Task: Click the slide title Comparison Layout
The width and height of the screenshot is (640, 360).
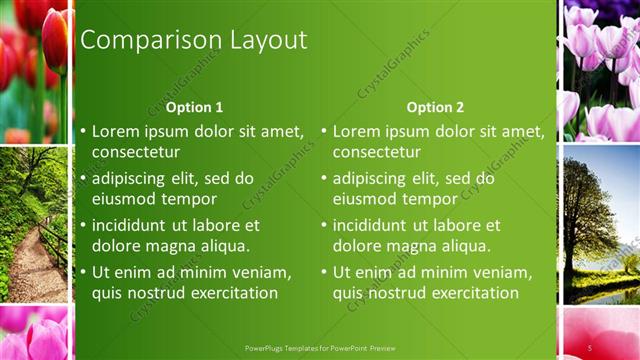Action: coord(193,40)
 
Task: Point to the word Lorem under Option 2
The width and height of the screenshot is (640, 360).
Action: coord(357,131)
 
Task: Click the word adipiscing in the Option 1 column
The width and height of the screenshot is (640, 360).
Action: coord(135,178)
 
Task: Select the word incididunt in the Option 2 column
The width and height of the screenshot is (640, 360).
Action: coord(380,225)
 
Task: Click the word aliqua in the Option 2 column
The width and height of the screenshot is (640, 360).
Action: coord(464,246)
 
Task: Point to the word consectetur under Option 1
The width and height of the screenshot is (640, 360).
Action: coord(136,152)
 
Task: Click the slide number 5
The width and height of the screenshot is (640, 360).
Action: coord(590,347)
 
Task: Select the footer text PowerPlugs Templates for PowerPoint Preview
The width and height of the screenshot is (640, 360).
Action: coord(320,348)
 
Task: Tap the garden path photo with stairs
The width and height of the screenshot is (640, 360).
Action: coord(35,225)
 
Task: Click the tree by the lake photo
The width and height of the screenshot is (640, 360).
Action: coord(600,225)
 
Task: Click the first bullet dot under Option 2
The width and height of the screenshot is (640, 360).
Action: coord(324,131)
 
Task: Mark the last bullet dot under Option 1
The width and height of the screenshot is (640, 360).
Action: coord(83,272)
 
